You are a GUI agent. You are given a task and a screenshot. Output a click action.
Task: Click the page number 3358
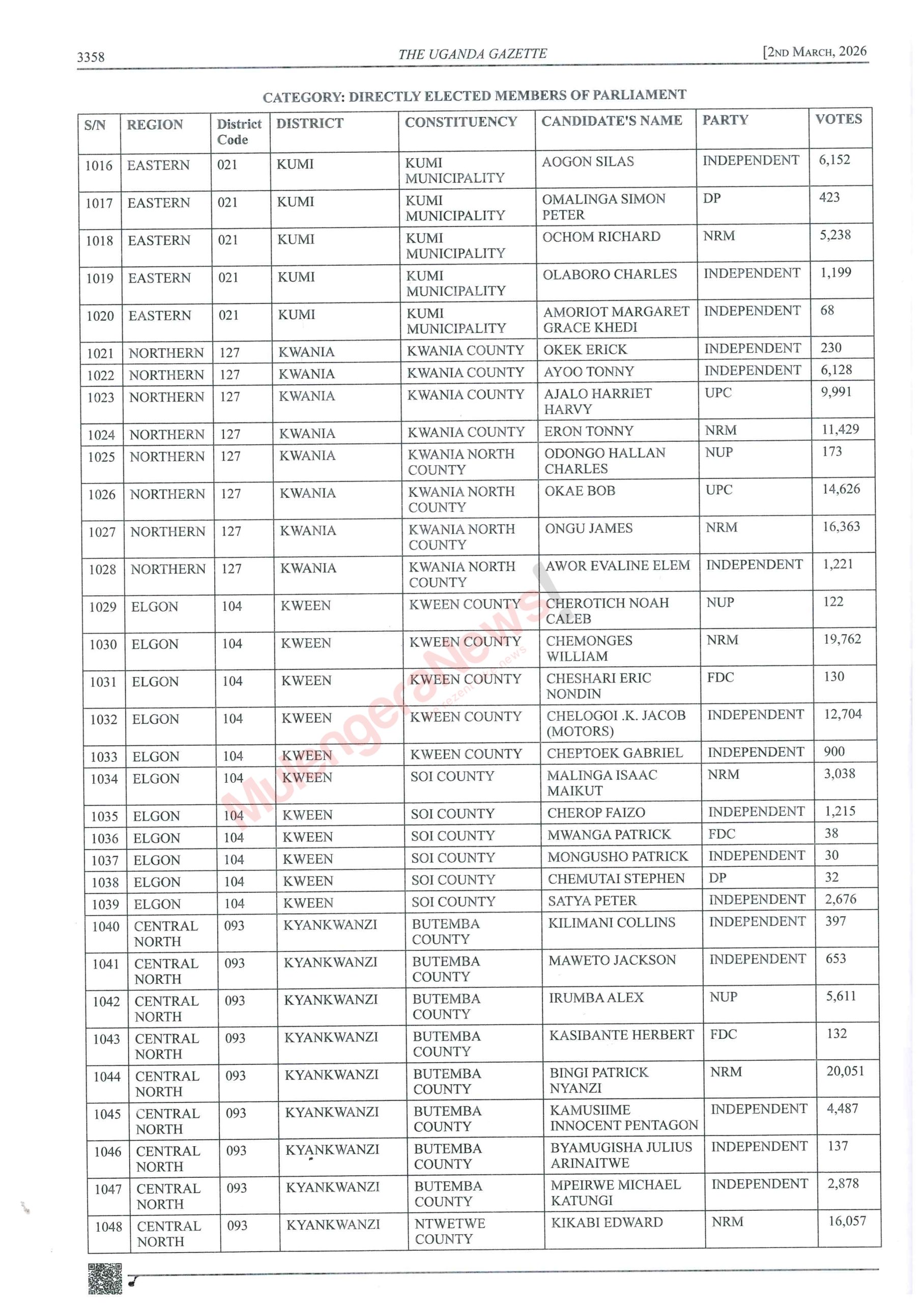[x=91, y=56]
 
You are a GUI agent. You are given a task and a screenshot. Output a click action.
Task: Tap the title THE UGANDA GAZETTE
[x=472, y=54]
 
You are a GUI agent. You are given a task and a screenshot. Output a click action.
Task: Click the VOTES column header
[x=838, y=119]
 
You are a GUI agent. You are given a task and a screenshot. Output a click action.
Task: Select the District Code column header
[x=239, y=132]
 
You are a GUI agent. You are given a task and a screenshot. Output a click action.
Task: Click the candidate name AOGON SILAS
[x=587, y=162]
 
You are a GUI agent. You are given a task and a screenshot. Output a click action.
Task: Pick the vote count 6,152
[x=834, y=160]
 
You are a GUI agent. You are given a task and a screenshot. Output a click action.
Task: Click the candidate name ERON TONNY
[x=588, y=431]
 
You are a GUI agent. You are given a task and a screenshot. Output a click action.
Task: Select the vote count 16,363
[x=841, y=527]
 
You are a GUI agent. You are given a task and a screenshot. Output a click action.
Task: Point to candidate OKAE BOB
[x=580, y=491]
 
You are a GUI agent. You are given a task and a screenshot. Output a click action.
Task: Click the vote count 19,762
[x=842, y=640]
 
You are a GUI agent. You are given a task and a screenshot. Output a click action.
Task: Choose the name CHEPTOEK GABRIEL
[x=615, y=753]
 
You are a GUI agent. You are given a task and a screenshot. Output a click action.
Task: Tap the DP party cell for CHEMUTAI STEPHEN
[x=717, y=878]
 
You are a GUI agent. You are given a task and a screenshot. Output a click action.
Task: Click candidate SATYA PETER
[x=592, y=900]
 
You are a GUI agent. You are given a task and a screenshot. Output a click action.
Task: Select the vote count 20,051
[x=845, y=1071]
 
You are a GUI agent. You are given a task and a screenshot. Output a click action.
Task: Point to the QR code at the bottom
[x=105, y=1278]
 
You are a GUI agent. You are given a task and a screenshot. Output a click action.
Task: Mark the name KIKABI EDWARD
[x=607, y=1223]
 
